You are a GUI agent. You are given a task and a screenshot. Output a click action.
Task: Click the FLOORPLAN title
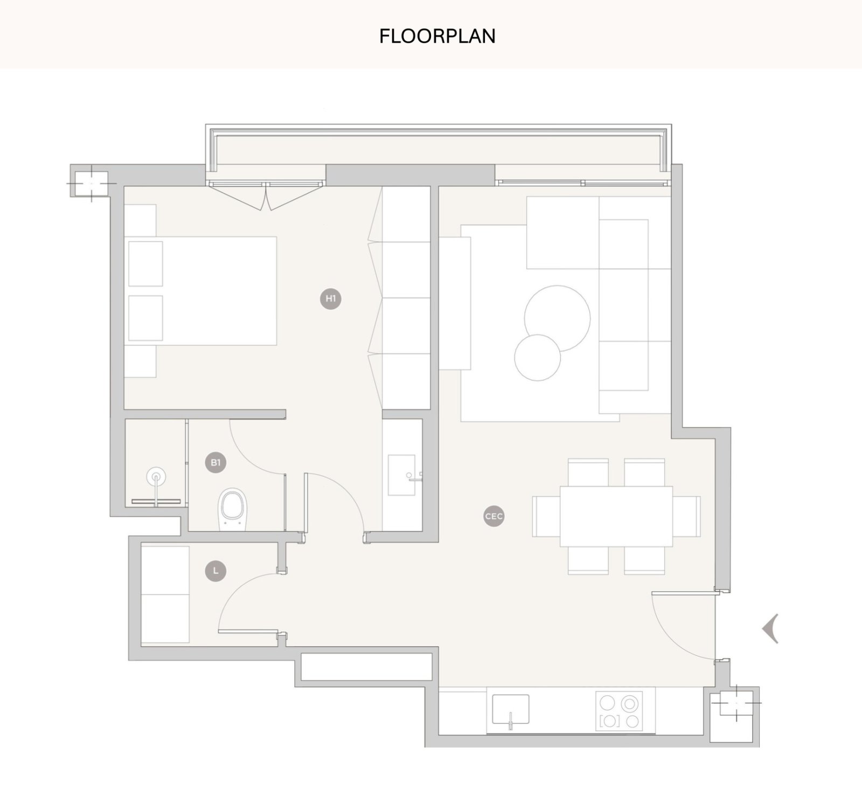point(437,36)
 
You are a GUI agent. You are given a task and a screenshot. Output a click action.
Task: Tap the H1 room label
point(331,298)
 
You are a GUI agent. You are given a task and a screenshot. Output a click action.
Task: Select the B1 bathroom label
point(216,463)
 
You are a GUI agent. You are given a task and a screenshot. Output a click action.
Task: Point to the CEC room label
point(493,516)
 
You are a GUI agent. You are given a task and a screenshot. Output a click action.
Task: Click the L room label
point(216,570)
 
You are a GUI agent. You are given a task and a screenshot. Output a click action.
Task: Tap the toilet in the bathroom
point(233,508)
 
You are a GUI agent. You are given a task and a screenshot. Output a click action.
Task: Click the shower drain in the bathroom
point(156,477)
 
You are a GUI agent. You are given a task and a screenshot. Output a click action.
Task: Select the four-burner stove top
point(619,711)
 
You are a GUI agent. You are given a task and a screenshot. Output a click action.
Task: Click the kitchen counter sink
point(510,709)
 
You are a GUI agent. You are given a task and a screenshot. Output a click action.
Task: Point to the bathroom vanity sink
point(402,475)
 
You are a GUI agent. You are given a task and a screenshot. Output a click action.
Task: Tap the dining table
point(616,516)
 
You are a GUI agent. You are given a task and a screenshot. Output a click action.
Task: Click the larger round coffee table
point(558,319)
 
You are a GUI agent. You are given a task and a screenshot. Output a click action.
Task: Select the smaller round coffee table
point(538,358)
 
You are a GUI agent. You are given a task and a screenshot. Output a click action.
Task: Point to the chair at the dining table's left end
point(546,516)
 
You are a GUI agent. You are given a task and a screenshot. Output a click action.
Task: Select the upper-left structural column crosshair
point(91,183)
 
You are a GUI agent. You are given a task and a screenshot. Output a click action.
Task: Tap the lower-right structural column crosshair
point(736,703)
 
